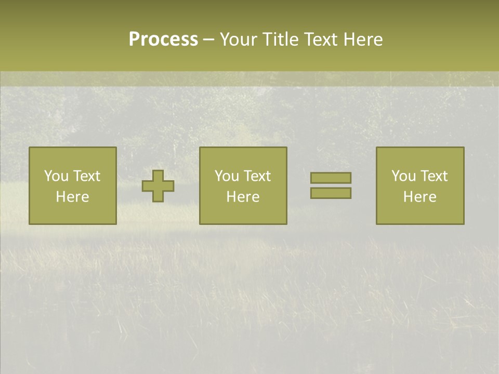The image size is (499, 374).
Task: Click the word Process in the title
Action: click(x=163, y=39)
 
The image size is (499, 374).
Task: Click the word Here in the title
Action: click(x=364, y=39)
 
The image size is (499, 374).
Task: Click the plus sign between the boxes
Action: click(x=158, y=186)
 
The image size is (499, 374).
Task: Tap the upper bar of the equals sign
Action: click(x=331, y=178)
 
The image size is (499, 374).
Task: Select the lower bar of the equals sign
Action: click(x=331, y=193)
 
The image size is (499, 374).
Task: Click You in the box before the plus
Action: click(x=56, y=176)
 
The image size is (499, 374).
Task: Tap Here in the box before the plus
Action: click(x=72, y=197)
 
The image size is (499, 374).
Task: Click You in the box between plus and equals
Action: click(x=227, y=176)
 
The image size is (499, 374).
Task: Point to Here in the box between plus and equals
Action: click(x=243, y=197)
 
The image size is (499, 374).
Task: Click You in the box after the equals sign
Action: click(x=403, y=176)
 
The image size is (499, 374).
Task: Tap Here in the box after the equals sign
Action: click(x=419, y=197)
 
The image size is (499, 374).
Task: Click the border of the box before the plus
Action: click(x=29, y=186)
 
